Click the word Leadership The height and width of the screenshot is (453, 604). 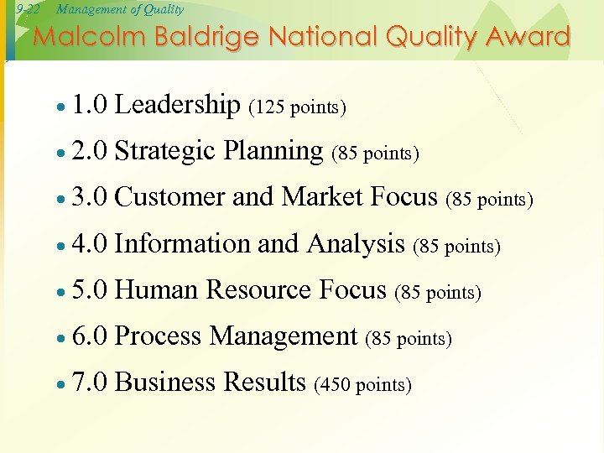click(177, 105)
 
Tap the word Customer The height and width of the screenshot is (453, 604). click(169, 197)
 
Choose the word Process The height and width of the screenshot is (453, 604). click(158, 336)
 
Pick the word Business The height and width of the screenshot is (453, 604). click(165, 383)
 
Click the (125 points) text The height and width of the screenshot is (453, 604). click(298, 107)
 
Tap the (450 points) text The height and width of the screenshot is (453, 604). click(362, 385)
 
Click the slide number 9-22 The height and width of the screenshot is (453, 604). click(28, 9)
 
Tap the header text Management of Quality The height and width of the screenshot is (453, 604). click(120, 9)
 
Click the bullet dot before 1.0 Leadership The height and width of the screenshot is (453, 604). click(61, 108)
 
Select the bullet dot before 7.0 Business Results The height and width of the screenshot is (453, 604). click(61, 385)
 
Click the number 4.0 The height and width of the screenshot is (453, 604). click(89, 244)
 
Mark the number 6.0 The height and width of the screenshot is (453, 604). click(89, 337)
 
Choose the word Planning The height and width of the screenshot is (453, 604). click(273, 152)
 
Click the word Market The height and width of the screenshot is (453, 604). click(322, 197)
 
